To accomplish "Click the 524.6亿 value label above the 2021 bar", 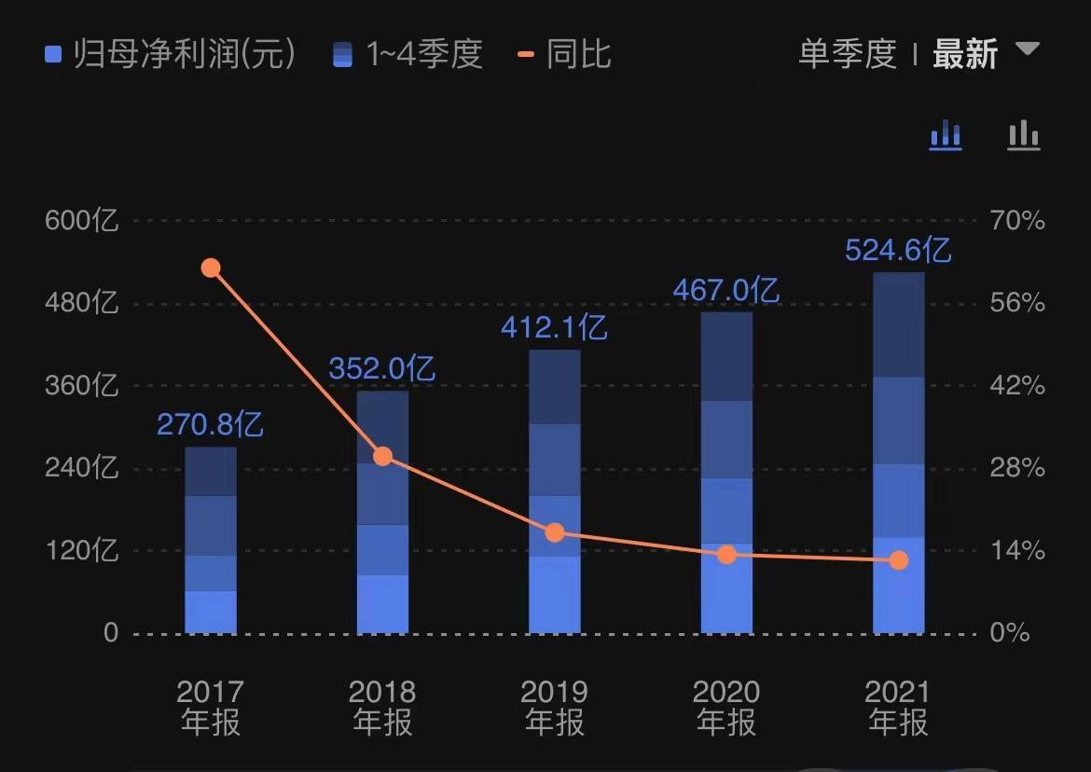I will [898, 251].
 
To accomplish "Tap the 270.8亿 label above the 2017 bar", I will [210, 425].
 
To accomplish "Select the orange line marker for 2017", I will [211, 269].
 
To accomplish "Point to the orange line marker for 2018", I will [382, 456].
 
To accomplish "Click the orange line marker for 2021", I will [898, 560].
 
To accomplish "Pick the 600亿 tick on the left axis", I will [82, 221].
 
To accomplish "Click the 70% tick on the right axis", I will [1016, 221].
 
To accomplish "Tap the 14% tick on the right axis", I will [1016, 550].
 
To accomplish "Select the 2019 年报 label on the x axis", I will [555, 708].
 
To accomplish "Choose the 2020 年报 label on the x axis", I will [726, 708].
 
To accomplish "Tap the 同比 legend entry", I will [565, 54].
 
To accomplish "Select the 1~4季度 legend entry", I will [408, 54].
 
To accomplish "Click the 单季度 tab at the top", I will [847, 54].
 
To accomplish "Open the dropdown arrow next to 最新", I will [1027, 48].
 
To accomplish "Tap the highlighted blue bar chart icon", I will [946, 135].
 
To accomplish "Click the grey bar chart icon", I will [1023, 135].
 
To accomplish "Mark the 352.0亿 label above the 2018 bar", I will [382, 369].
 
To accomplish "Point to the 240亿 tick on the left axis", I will [82, 468].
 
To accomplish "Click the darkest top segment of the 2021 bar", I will [898, 324].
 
